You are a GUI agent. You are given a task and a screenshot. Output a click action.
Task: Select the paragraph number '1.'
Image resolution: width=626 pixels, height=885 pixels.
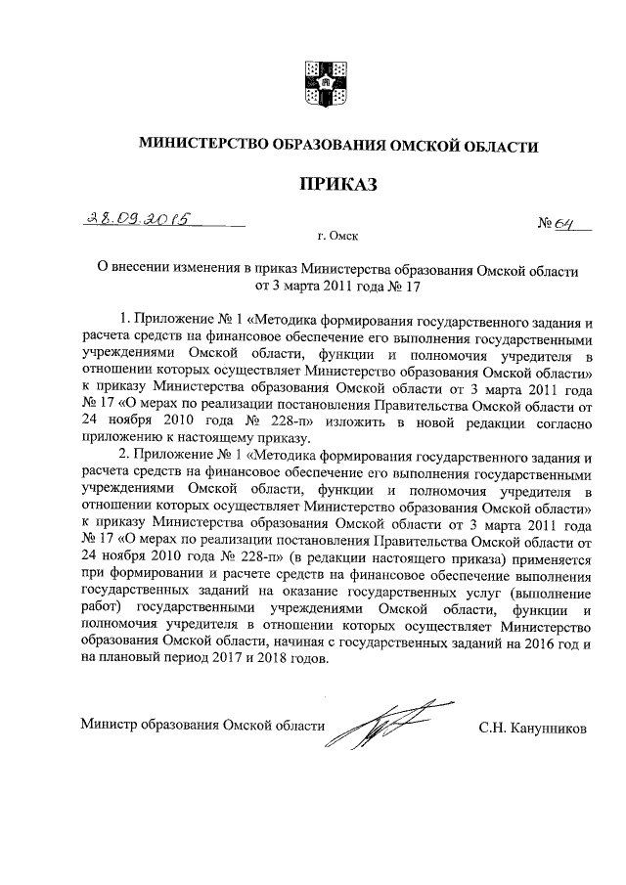(123, 320)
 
